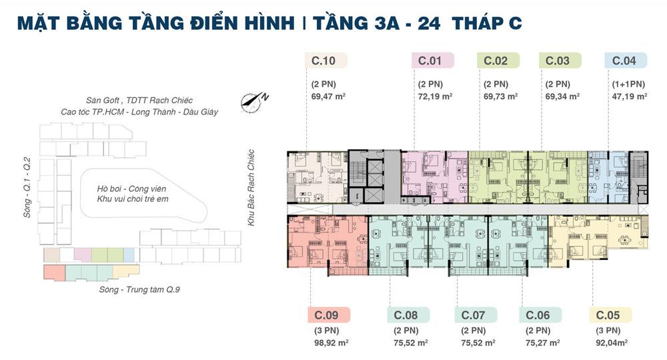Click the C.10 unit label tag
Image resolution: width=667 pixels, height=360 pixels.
(326, 61)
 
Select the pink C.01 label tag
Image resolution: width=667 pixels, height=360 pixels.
(433, 61)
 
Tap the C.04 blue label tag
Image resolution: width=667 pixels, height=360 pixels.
(626, 61)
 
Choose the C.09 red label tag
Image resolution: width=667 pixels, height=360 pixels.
(329, 315)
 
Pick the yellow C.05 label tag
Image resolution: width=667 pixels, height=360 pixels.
(610, 315)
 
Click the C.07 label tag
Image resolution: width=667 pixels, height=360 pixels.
(476, 315)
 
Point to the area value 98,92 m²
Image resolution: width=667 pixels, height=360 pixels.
(331, 343)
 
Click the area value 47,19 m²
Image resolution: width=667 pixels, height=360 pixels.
(630, 97)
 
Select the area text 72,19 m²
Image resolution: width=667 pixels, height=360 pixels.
(435, 97)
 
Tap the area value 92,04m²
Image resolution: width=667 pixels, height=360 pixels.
(612, 343)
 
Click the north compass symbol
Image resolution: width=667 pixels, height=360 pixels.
(254, 102)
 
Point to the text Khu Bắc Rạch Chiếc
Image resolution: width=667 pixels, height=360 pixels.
(251, 187)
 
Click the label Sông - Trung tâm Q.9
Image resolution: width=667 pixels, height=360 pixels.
(139, 290)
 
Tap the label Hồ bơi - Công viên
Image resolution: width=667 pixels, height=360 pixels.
(131, 189)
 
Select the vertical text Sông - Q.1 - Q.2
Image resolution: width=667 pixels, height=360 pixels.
(27, 187)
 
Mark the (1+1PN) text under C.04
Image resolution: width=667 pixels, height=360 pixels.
(628, 84)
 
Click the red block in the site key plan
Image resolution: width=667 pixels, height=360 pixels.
(55, 273)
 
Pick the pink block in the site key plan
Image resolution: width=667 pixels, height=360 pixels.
(83, 255)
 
